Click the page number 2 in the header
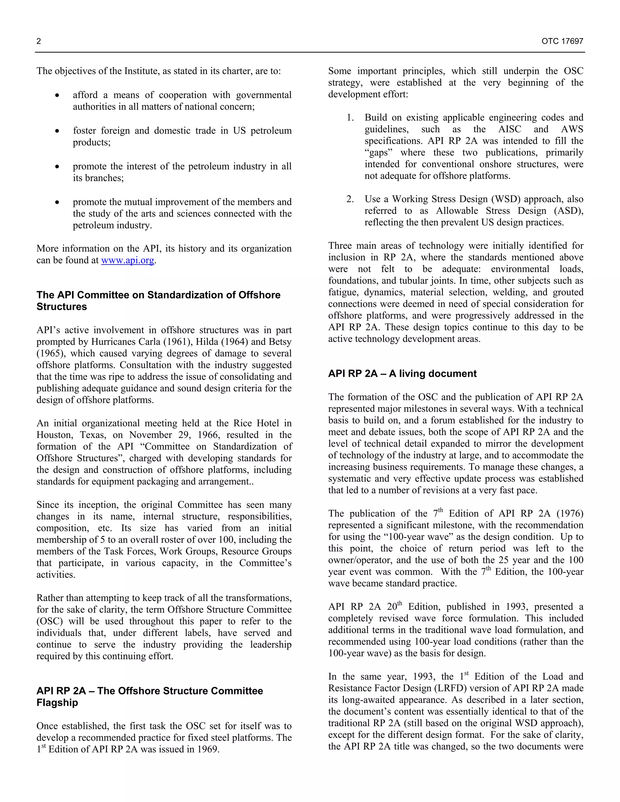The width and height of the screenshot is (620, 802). pyautogui.click(x=38, y=41)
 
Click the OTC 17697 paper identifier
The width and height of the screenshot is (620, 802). pyautogui.click(x=562, y=41)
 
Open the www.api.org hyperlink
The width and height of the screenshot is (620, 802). pyautogui.click(x=127, y=260)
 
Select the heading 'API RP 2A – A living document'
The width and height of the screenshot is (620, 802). pyautogui.click(x=402, y=373)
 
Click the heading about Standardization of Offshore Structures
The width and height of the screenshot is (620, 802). pyautogui.click(x=158, y=301)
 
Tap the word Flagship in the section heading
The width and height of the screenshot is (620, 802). pyautogui.click(x=57, y=702)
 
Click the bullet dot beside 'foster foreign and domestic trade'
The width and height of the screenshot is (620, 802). pyautogui.click(x=57, y=131)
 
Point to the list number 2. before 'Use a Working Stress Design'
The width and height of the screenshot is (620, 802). pyautogui.click(x=350, y=199)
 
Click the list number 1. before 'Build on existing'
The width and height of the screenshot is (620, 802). pyautogui.click(x=350, y=118)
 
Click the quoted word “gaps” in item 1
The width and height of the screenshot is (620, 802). pyautogui.click(x=379, y=153)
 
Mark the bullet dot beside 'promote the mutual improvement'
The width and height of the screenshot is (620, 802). pyautogui.click(x=57, y=202)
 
